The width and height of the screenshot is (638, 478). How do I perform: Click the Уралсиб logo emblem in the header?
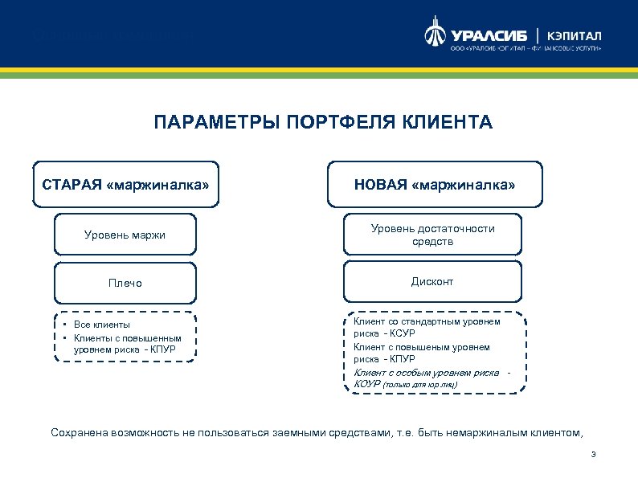434,35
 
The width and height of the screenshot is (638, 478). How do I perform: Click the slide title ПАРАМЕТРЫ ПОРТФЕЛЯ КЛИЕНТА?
323,123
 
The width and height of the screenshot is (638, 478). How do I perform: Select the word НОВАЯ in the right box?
380,186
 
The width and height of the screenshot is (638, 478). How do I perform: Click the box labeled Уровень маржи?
125,235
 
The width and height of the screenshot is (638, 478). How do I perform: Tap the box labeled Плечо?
125,283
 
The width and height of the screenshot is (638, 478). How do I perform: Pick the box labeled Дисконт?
432,282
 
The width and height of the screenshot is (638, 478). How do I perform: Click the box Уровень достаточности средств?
432,235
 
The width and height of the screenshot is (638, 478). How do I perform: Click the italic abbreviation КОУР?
367,385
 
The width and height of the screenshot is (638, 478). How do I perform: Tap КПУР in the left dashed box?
163,350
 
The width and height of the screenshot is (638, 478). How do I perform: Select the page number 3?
592,456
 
